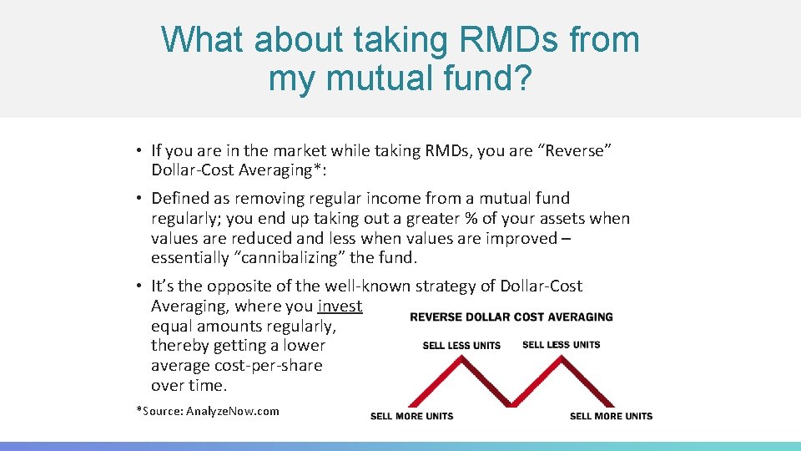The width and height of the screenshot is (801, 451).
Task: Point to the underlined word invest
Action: (x=340, y=306)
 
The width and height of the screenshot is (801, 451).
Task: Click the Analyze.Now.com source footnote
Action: (x=208, y=411)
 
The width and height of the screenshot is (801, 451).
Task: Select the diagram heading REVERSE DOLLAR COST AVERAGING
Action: (x=511, y=317)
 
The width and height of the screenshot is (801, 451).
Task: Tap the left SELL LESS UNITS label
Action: (x=461, y=345)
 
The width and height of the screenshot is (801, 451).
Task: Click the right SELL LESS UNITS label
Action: (x=561, y=345)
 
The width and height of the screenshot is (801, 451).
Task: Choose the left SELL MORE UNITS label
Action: (x=412, y=416)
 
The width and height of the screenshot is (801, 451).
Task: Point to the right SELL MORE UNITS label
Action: (x=611, y=416)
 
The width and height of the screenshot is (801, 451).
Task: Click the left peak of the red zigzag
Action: (x=461, y=360)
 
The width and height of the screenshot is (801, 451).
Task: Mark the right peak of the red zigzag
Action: (x=561, y=360)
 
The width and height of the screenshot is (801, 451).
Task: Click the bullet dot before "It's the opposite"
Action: (x=139, y=286)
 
